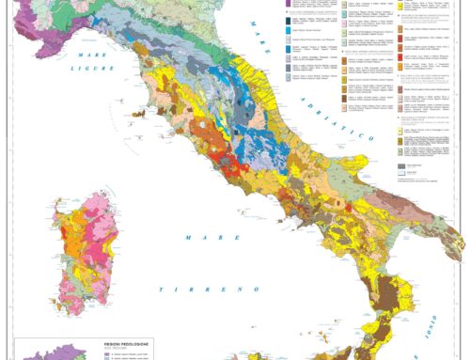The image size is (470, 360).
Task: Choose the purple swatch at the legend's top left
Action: pos(285,5)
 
